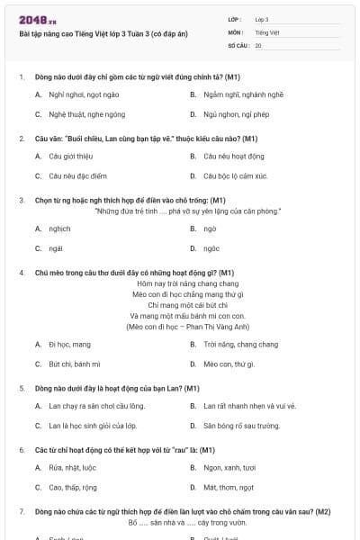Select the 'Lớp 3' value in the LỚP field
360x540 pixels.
pos(262,19)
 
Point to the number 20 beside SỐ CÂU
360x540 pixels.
pos(258,45)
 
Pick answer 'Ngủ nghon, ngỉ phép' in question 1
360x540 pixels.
pos(235,114)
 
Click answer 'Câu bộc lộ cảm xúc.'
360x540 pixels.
pos(236,175)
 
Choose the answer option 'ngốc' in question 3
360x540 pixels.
pos(211,248)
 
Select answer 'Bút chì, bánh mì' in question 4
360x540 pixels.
pos(75,364)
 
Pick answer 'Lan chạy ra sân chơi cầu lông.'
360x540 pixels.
pos(97,405)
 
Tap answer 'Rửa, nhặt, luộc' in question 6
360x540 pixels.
pos(74,467)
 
